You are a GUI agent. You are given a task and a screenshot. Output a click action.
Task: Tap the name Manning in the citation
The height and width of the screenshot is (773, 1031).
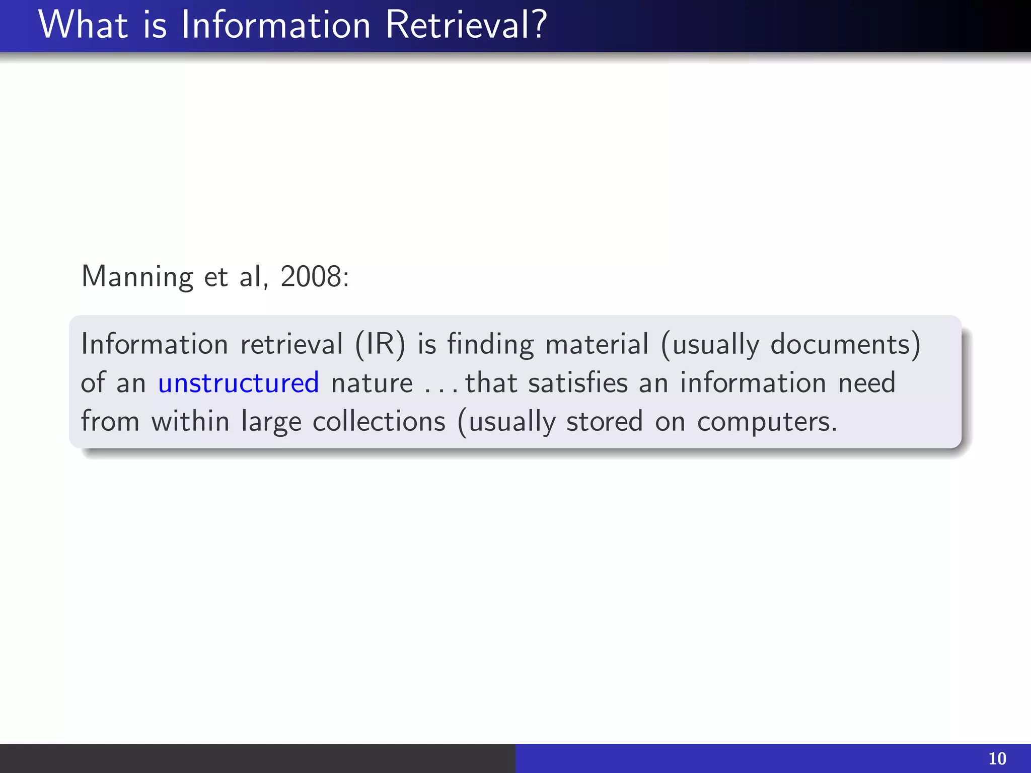(x=137, y=277)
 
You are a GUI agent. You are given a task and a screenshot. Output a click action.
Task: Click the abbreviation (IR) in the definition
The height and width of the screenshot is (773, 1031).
(x=380, y=345)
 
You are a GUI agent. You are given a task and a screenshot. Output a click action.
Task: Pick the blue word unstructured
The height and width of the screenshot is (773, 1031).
(x=239, y=383)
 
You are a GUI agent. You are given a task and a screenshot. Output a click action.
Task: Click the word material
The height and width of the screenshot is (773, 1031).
(x=597, y=345)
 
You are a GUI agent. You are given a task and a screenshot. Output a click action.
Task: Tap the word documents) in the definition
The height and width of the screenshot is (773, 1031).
(x=846, y=345)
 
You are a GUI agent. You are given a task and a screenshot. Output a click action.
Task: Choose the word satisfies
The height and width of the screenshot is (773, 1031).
(x=578, y=383)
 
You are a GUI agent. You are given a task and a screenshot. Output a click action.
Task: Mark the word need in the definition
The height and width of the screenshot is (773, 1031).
(x=867, y=383)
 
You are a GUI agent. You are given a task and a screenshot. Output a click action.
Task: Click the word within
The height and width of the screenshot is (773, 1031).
(x=191, y=421)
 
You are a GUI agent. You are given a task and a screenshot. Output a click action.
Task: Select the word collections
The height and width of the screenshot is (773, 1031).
(x=379, y=421)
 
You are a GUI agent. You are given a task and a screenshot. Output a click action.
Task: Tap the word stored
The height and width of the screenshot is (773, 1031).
(x=605, y=421)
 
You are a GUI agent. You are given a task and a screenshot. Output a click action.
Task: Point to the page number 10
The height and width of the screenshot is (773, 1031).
(x=997, y=758)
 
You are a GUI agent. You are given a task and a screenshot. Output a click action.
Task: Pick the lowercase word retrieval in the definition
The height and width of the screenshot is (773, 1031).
(x=291, y=345)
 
